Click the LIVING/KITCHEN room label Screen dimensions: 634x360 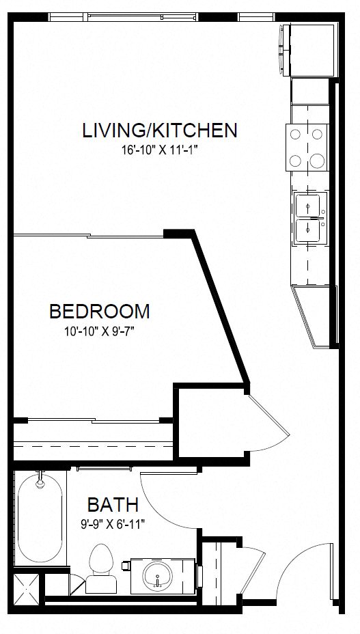click(x=159, y=130)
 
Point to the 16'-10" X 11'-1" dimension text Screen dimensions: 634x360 click(x=159, y=150)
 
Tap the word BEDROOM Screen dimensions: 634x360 click(x=100, y=312)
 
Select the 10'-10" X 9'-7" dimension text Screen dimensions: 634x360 click(x=100, y=332)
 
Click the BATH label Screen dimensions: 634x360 click(x=113, y=505)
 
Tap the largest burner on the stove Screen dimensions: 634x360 click(x=318, y=161)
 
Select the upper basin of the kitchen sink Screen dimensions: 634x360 click(x=310, y=205)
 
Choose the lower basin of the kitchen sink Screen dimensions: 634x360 click(x=310, y=230)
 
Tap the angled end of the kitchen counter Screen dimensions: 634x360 click(x=314, y=314)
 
